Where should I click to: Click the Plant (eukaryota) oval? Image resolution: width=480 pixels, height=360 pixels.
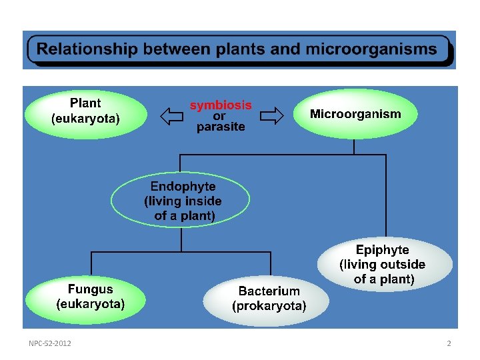coord(85,112)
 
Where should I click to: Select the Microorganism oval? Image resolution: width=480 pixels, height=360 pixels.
coord(355,114)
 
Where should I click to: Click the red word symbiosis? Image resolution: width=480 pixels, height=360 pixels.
coord(221,105)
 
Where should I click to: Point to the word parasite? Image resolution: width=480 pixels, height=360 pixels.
coord(221,127)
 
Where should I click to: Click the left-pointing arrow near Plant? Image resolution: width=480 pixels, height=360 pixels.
coord(172,117)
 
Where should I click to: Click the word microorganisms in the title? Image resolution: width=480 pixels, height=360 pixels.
coord(371,49)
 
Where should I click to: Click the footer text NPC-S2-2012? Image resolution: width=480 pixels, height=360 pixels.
coord(51,343)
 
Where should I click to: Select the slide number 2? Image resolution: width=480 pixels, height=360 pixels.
coord(449,343)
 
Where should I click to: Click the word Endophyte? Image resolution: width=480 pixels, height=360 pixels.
coord(183,186)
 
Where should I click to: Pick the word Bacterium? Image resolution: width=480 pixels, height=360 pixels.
coord(269,291)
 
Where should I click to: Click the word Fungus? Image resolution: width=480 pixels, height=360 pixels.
coord(91,289)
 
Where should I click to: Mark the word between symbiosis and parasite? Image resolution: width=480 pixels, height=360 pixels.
coord(220,116)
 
